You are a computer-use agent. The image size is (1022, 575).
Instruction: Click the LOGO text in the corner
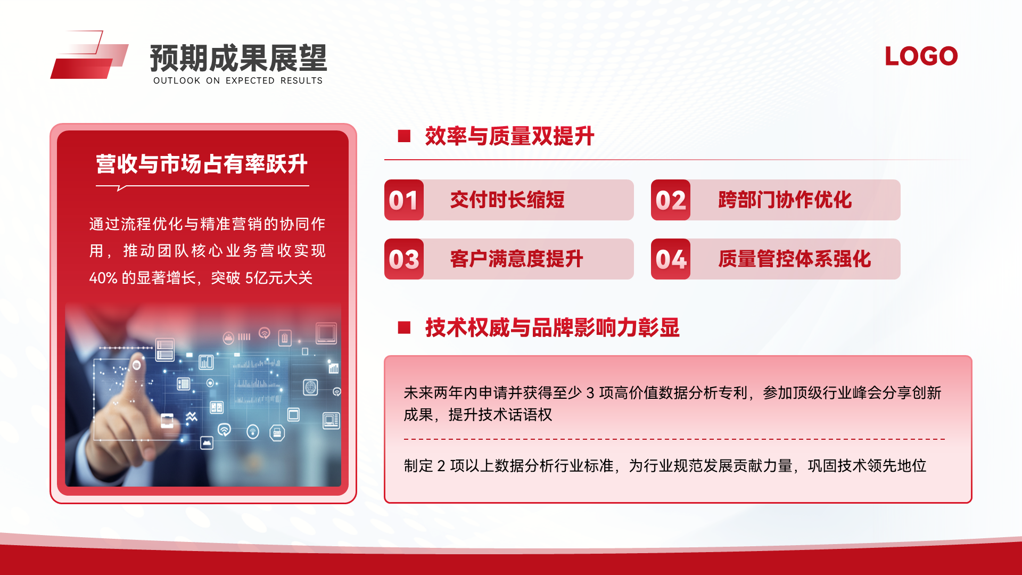tap(921, 56)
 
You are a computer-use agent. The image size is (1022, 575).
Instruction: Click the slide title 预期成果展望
tap(238, 58)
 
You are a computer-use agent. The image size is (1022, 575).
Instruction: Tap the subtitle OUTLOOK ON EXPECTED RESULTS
tap(238, 81)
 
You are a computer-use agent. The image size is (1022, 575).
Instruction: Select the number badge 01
tap(403, 200)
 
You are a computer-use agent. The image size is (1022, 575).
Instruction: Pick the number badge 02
tap(671, 200)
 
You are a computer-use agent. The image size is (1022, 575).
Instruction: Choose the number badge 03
tap(403, 259)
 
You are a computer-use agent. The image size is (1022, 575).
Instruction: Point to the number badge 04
tap(671, 259)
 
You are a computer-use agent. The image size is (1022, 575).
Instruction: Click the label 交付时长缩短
tap(507, 200)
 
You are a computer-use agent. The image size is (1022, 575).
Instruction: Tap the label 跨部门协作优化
tap(785, 200)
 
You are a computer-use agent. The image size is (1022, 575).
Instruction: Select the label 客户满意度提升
tap(517, 259)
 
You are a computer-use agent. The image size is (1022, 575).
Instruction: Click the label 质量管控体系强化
tap(795, 259)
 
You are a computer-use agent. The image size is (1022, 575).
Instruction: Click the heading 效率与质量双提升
tap(509, 136)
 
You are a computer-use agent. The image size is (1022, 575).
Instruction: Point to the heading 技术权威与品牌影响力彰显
tap(553, 327)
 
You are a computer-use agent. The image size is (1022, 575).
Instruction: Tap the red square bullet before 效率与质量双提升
tap(404, 136)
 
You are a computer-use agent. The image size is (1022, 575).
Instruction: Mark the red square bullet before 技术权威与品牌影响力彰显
tap(404, 327)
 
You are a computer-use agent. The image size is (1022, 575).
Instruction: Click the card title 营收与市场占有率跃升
tap(202, 164)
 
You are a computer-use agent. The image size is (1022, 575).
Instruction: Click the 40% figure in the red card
tap(103, 278)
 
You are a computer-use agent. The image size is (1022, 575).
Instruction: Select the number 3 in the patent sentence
tap(590, 393)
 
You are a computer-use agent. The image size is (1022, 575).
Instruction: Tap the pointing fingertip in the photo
tap(137, 364)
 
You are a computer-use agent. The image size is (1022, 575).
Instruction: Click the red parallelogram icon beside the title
tap(89, 55)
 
